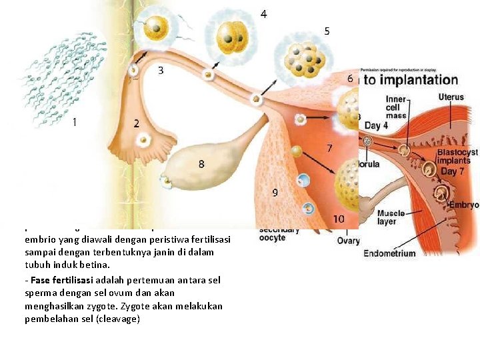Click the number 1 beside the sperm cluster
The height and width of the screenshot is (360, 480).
tap(74, 122)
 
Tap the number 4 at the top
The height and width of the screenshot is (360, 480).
tap(264, 14)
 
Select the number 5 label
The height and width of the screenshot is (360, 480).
tap(327, 31)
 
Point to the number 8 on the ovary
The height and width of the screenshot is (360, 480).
tap(201, 164)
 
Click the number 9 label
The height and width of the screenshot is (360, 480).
tap(275, 193)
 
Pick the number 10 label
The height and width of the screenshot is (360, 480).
tap(339, 219)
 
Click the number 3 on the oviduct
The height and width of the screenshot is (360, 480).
tap(161, 70)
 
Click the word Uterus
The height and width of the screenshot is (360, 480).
tap(451, 97)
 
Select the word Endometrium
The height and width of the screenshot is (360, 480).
tap(389, 253)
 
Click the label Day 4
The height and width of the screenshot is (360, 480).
tap(377, 126)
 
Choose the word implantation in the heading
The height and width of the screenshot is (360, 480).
tap(419, 80)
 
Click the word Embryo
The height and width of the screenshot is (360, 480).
tap(464, 205)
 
